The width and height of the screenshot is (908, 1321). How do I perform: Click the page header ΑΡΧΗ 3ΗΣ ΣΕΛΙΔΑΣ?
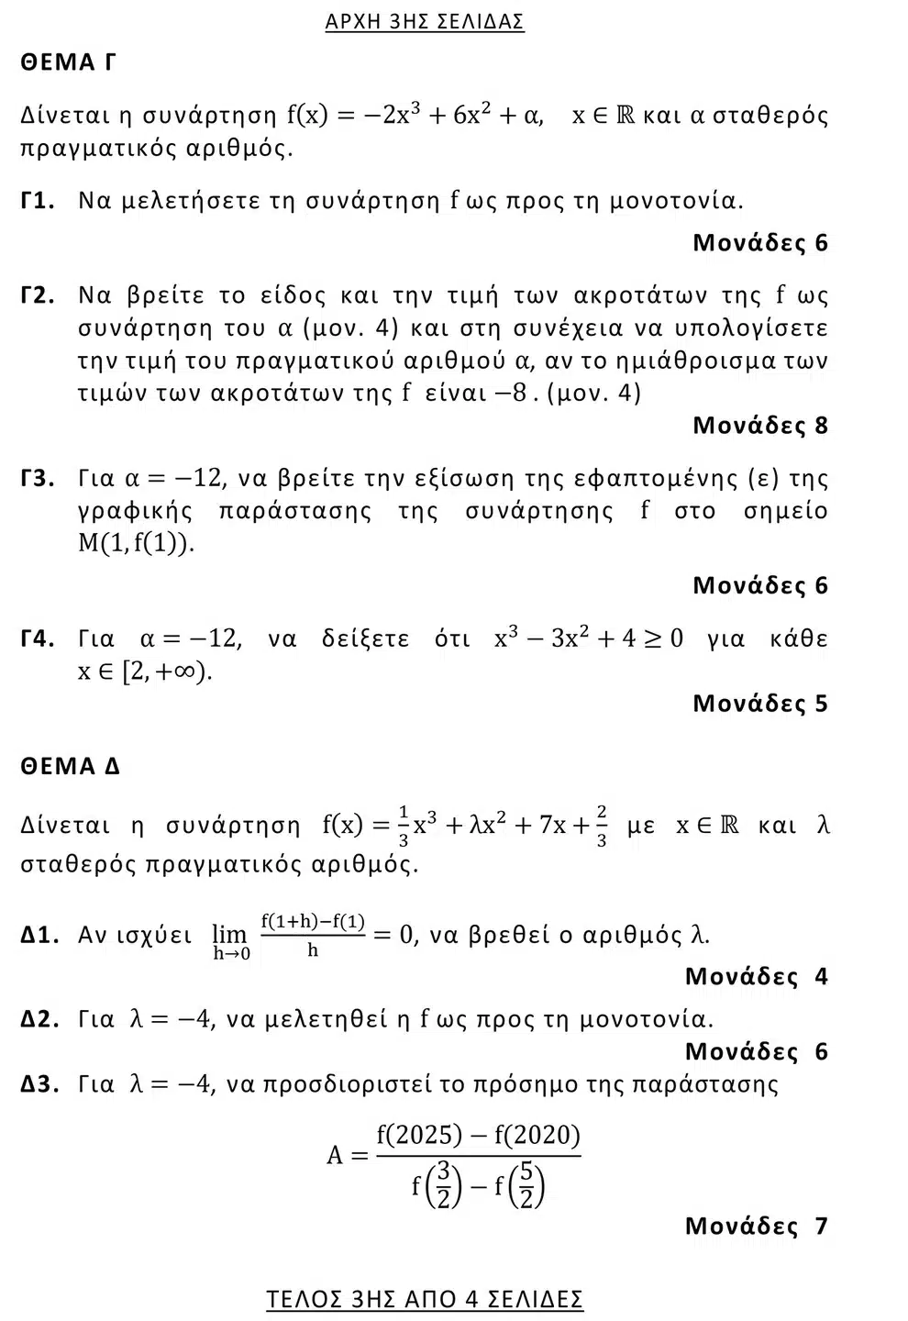[425, 21]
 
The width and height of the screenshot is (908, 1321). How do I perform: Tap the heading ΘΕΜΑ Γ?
[69, 62]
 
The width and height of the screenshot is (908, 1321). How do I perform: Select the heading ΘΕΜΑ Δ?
[71, 766]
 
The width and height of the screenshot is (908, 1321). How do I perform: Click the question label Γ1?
[39, 201]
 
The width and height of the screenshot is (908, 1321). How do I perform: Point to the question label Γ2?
[39, 295]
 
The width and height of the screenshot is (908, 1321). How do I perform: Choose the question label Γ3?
[39, 478]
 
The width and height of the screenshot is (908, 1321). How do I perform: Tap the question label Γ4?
[39, 638]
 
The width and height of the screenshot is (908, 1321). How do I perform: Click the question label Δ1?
[40, 935]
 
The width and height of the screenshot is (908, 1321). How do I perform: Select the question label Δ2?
[40, 1019]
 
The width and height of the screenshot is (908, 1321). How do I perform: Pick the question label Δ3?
[40, 1084]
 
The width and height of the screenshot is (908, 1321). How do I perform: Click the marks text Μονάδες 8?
[760, 426]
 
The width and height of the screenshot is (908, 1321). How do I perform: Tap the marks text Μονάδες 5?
[760, 704]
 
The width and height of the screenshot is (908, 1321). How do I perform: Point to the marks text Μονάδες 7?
[756, 1226]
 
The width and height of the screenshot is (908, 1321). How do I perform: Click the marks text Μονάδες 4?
[756, 976]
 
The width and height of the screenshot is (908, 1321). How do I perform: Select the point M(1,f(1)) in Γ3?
[137, 543]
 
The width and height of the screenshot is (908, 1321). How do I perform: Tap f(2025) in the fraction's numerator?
[419, 1136]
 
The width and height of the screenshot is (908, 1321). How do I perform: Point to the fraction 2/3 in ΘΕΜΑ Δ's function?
[602, 826]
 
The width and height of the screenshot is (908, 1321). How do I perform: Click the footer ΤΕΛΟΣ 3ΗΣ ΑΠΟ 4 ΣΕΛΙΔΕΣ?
[425, 1299]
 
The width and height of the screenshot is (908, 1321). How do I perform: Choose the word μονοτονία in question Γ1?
[676, 201]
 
